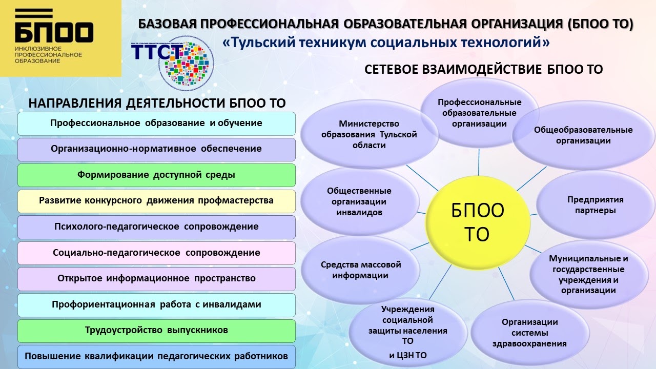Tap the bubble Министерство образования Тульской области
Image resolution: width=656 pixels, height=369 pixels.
click(369, 134)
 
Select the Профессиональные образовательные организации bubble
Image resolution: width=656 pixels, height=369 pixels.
click(480, 113)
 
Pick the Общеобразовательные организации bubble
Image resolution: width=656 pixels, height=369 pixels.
click(583, 135)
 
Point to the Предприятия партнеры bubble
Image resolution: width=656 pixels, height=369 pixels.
click(595, 205)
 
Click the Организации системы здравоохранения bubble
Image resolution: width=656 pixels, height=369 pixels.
click(529, 333)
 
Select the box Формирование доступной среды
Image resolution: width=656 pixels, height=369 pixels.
click(156, 175)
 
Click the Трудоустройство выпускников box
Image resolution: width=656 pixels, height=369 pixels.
click(156, 330)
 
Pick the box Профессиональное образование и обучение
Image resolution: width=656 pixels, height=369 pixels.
click(156, 123)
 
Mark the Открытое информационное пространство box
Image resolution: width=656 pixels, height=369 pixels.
click(156, 278)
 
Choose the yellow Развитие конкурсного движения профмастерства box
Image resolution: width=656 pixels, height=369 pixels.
click(156, 200)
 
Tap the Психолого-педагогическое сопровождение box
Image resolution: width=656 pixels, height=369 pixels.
click(156, 227)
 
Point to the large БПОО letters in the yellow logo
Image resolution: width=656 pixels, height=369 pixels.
click(54, 33)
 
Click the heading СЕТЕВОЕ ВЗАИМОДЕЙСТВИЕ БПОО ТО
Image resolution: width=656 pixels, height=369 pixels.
click(483, 70)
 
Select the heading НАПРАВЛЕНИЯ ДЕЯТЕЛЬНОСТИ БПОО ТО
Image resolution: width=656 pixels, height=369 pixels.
click(157, 103)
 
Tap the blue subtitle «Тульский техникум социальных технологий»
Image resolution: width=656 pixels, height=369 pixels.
click(386, 43)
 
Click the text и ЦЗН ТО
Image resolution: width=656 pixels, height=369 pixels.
click(407, 355)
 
